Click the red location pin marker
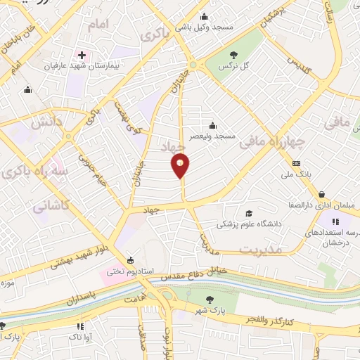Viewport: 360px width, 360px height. coord(181,166)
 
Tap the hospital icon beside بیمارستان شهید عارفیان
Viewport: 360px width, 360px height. coord(82,55)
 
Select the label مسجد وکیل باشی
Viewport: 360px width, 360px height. coord(204,26)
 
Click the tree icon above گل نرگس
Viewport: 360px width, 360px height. coord(234,54)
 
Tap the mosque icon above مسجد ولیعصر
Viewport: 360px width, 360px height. coord(212,125)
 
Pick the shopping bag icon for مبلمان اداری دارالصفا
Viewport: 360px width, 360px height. coord(321,195)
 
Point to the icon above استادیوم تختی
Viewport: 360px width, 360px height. coord(129,259)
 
